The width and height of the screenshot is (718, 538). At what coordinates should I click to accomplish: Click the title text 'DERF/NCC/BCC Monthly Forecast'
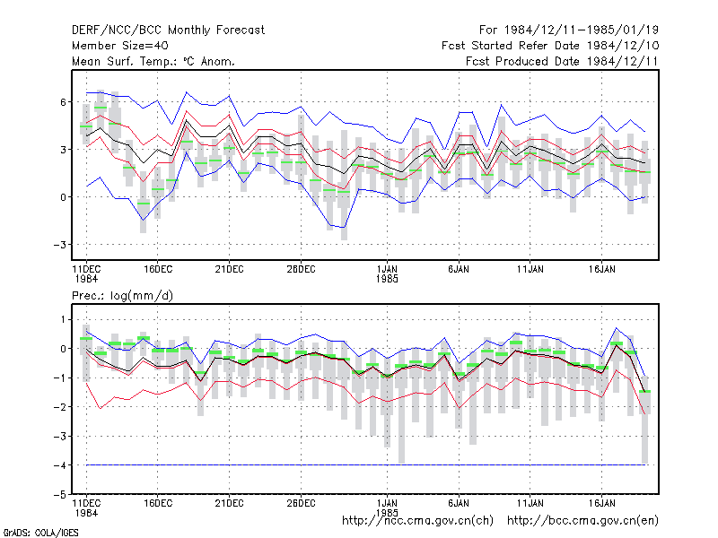point(168,30)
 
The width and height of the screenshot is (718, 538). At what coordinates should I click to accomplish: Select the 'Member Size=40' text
point(120,46)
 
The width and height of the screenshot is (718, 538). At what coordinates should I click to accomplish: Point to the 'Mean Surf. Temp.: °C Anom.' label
point(153,61)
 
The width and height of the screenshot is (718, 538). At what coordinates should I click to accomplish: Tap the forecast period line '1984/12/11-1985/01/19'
point(582,30)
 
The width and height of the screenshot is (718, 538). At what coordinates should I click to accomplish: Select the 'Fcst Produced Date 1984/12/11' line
point(562,61)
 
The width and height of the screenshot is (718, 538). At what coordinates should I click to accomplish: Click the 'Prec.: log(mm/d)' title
point(122,296)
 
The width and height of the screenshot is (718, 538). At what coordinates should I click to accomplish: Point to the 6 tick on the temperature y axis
point(63,102)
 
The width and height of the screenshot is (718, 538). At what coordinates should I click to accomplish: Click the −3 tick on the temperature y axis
point(60,245)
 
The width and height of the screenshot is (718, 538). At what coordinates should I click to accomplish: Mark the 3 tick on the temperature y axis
point(63,150)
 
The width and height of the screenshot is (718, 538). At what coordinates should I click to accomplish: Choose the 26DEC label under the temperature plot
point(301,269)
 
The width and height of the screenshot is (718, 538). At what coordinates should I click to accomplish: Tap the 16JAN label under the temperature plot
point(601,269)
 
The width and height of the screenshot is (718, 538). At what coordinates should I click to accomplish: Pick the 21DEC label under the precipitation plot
point(229,503)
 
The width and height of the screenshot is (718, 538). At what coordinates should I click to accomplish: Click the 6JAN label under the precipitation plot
point(459,503)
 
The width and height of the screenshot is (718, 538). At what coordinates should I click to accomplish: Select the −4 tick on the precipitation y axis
point(60,465)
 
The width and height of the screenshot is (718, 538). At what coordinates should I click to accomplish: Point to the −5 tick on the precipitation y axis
point(60,495)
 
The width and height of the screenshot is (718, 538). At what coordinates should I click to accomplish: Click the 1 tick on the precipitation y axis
point(63,319)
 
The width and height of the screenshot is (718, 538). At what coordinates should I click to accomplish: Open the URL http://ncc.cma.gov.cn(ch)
point(417,521)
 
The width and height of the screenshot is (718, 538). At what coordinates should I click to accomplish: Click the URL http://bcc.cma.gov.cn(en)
point(582,521)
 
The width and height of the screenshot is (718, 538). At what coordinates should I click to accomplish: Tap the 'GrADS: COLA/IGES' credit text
point(40,533)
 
